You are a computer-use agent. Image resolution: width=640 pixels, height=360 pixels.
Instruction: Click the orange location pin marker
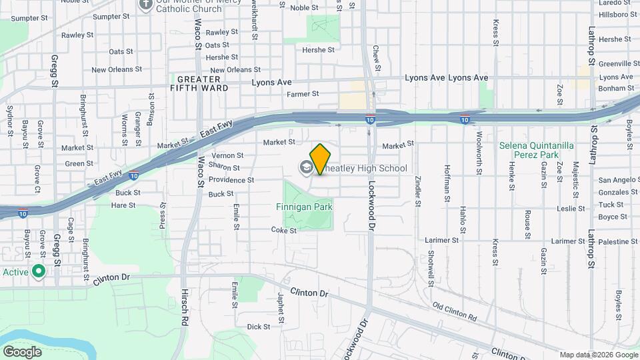pos(320,159)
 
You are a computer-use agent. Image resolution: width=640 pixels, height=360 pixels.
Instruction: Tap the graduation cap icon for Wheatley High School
pos(307,168)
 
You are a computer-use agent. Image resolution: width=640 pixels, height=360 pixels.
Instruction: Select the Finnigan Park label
pos(304,207)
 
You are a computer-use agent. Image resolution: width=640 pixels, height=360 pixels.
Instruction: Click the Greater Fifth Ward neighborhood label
pos(199,83)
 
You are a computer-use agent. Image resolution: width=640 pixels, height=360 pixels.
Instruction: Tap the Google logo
pos(22,351)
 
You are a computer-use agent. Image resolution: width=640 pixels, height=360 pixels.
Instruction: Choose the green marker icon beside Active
pos(39,271)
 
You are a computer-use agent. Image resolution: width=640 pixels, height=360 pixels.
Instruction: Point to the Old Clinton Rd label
pos(455,311)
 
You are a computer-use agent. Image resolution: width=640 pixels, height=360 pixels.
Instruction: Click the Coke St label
pos(283,230)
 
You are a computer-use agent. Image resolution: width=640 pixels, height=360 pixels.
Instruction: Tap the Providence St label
pos(231,180)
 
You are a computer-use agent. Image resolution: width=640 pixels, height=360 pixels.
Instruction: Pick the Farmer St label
pos(303,95)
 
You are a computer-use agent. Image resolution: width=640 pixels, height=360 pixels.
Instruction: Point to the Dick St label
pos(258,327)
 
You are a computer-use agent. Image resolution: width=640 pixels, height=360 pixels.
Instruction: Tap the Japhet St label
pos(281,307)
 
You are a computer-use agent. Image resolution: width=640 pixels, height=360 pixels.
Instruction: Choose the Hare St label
pos(123,205)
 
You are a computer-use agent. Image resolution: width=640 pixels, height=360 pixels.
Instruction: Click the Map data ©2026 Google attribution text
pos(598,355)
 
